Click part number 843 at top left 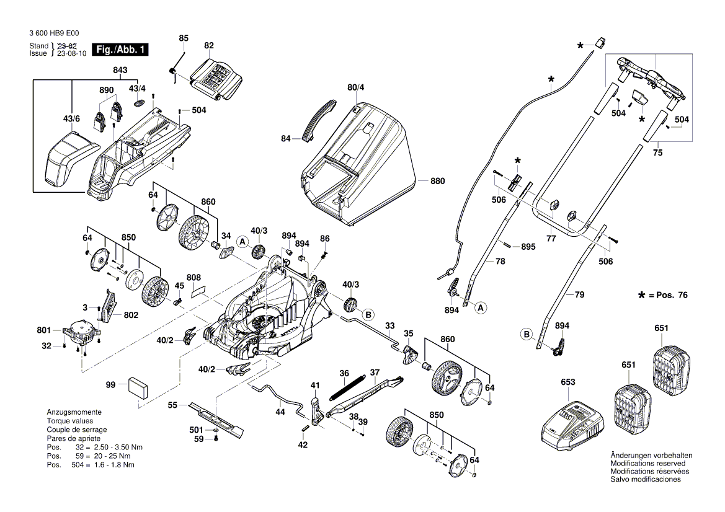point(120,71)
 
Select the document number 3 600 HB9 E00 point(54,35)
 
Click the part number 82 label point(208,45)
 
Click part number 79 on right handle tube point(579,295)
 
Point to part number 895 point(528,247)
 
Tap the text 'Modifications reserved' point(647,464)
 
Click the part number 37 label point(375,372)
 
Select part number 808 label point(193,277)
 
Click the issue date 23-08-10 point(71,54)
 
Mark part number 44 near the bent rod point(280,412)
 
